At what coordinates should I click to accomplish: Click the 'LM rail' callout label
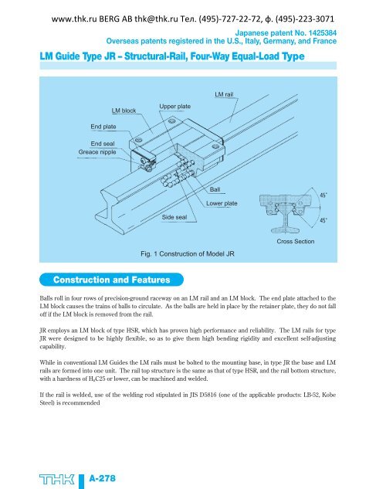tap(225, 93)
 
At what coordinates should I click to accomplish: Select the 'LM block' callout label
tap(124, 110)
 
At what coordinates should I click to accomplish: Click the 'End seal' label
tap(103, 144)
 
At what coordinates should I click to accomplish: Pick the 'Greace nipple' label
tap(98, 152)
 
